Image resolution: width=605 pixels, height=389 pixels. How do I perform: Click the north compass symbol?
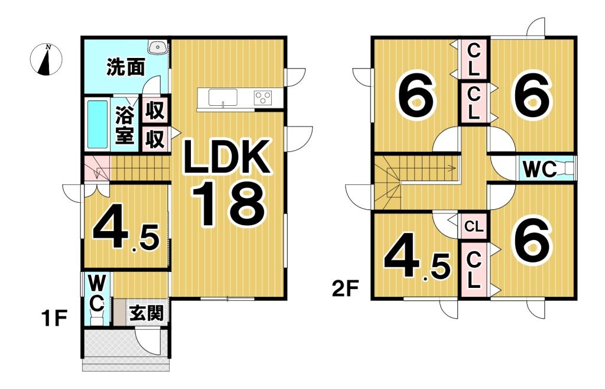tap(46, 60)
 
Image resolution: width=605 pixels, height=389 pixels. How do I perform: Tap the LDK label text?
tap(226, 157)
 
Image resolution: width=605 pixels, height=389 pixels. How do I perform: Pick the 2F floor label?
tap(344, 289)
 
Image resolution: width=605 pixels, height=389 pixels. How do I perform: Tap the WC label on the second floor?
tap(539, 170)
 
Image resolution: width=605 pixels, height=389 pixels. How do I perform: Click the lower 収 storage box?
tap(155, 140)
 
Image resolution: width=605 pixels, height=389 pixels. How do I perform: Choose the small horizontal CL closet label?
tap(473, 226)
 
